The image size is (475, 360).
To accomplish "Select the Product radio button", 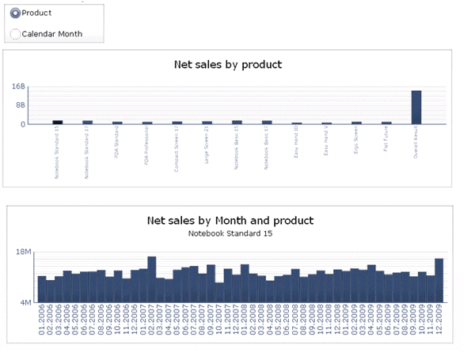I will pyautogui.click(x=16, y=13).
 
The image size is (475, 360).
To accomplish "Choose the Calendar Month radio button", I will pyautogui.click(x=16, y=34).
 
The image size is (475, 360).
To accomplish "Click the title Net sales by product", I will pyautogui.click(x=228, y=65).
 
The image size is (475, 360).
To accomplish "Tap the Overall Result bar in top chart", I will pyautogui.click(x=416, y=107).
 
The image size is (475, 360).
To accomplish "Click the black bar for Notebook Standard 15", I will pyautogui.click(x=57, y=122).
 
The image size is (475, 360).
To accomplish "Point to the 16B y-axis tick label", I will pyautogui.click(x=19, y=86).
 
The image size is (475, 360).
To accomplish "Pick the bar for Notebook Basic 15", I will pyautogui.click(x=237, y=122).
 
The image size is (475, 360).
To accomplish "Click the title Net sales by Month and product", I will pyautogui.click(x=230, y=221).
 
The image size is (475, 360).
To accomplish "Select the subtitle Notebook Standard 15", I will pyautogui.click(x=230, y=234).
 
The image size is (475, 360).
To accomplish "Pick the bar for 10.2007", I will pyautogui.click(x=219, y=292).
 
